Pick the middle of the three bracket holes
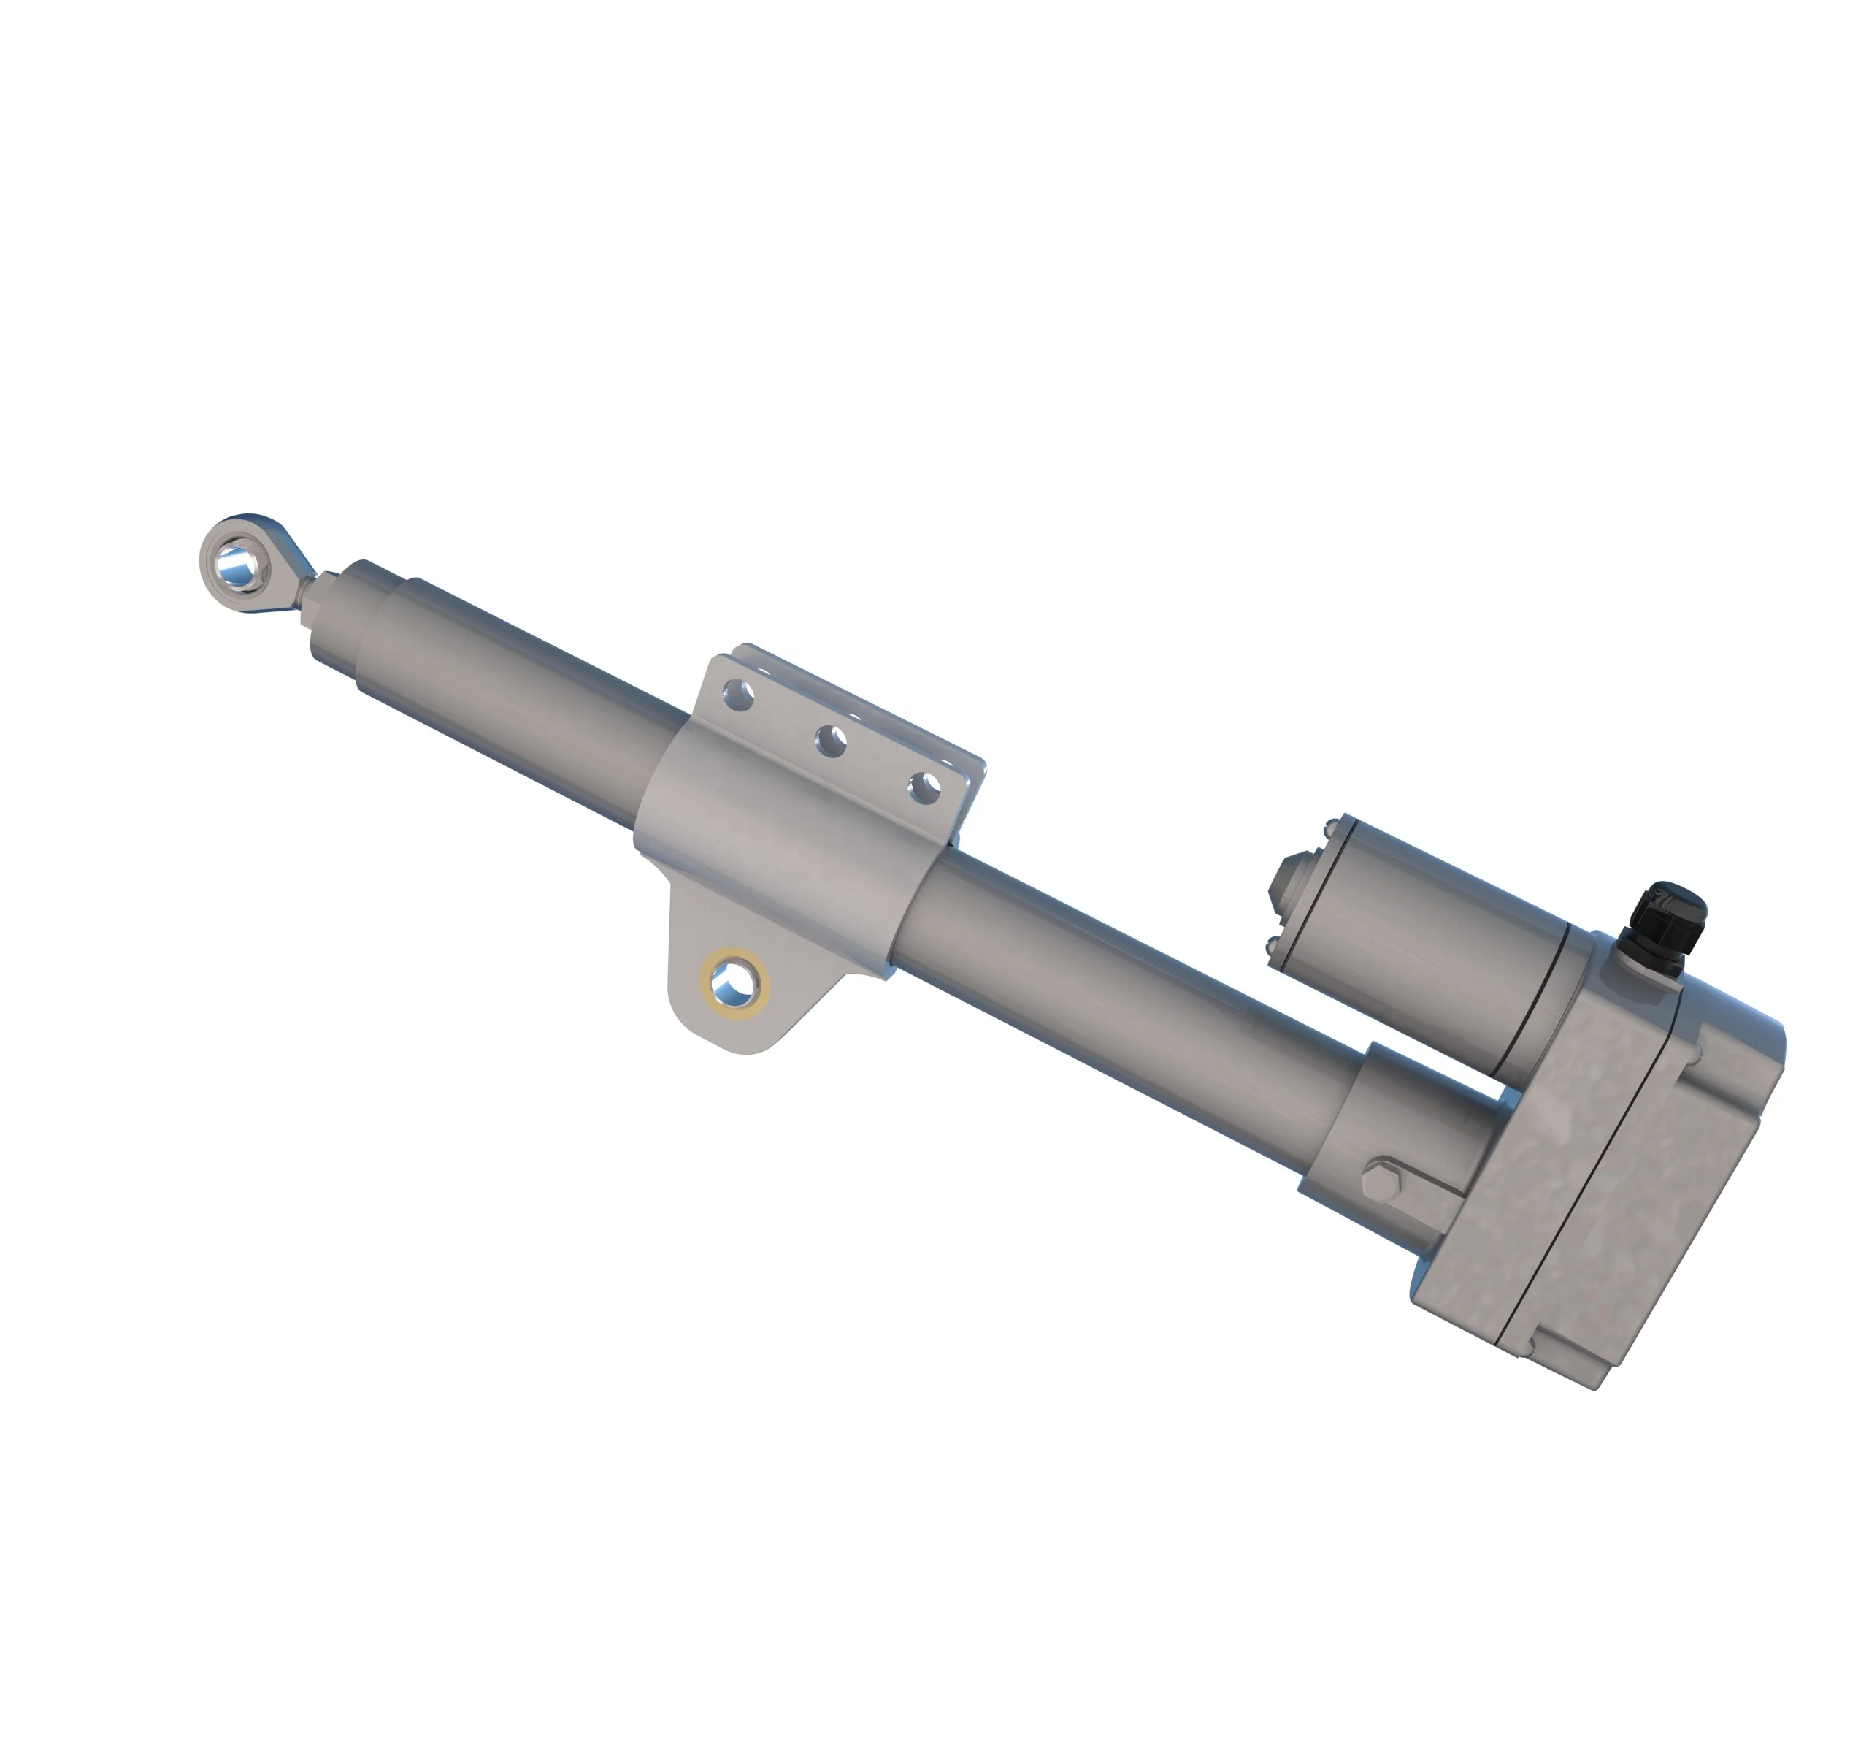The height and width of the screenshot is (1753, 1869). pyautogui.click(x=831, y=742)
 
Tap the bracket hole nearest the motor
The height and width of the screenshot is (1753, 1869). pyautogui.click(x=925, y=787)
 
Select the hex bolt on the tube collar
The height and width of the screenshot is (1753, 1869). pyautogui.click(x=1384, y=1180)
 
